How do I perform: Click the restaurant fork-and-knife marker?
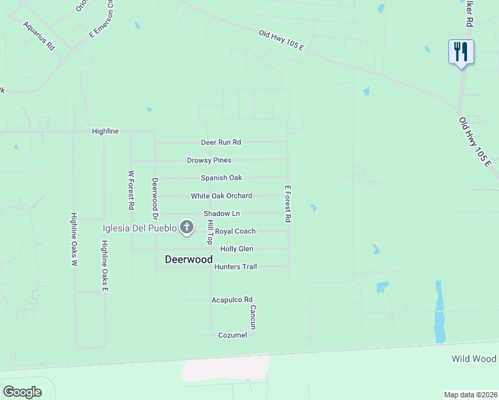click(461, 51)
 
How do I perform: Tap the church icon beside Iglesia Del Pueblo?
click(187, 229)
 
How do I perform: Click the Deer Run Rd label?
click(221, 143)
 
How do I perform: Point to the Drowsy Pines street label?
click(209, 161)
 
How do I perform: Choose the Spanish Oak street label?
click(221, 178)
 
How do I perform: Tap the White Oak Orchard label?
click(221, 196)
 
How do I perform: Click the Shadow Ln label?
click(221, 213)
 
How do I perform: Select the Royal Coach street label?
click(235, 231)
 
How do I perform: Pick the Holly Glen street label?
click(237, 249)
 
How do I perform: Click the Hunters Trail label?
click(235, 267)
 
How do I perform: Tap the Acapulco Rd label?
click(232, 300)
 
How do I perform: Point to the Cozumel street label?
click(233, 335)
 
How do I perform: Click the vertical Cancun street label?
click(253, 317)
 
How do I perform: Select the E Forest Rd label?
click(288, 203)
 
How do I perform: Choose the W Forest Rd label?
click(131, 191)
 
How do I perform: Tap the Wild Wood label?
click(474, 359)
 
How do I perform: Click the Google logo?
click(22, 392)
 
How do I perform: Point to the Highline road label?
click(105, 131)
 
